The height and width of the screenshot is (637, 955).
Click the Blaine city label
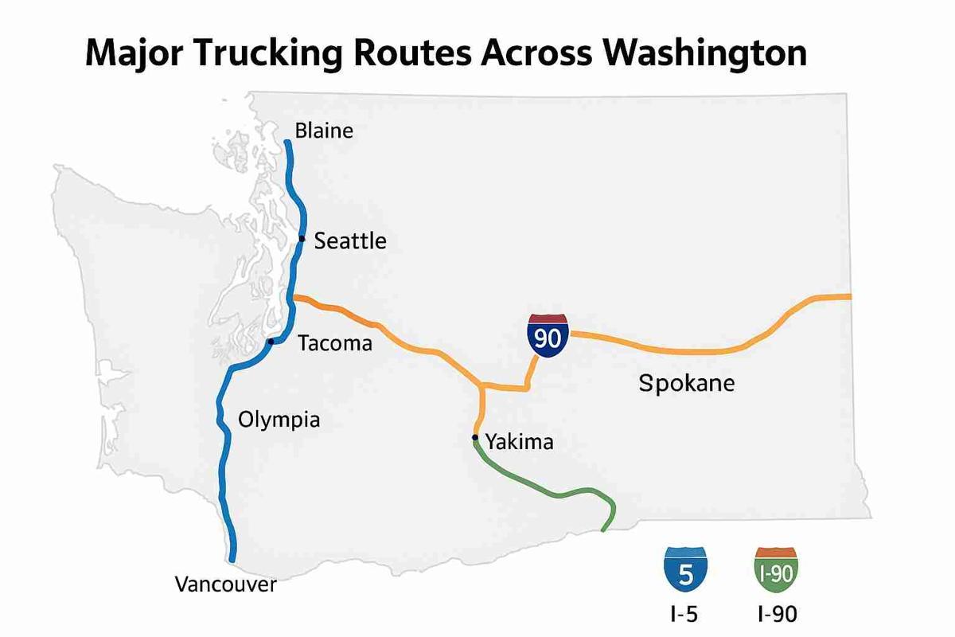click(x=323, y=131)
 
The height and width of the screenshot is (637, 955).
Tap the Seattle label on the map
click(x=350, y=240)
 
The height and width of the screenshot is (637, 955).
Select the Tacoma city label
click(x=334, y=343)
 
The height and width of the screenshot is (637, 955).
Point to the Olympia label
click(x=279, y=419)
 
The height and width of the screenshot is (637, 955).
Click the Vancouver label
click(x=225, y=585)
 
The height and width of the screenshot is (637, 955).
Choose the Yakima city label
click(x=519, y=441)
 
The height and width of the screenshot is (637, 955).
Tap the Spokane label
click(x=687, y=384)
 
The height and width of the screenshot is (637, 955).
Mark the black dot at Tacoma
click(x=271, y=342)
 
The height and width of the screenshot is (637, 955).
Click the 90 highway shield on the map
click(x=548, y=335)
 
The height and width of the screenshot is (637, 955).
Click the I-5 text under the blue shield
click(x=683, y=614)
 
